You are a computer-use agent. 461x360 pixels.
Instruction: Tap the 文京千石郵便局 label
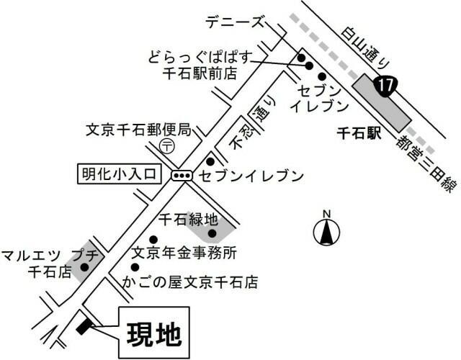pyautogui.click(x=138, y=130)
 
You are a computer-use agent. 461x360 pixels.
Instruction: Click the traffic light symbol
pyautogui.click(x=180, y=175)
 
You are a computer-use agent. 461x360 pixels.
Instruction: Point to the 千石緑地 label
pyautogui.click(x=188, y=217)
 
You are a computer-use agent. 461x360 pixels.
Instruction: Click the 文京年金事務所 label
pyautogui.click(x=184, y=253)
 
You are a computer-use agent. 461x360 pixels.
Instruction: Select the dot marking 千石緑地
pyautogui.click(x=212, y=233)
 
